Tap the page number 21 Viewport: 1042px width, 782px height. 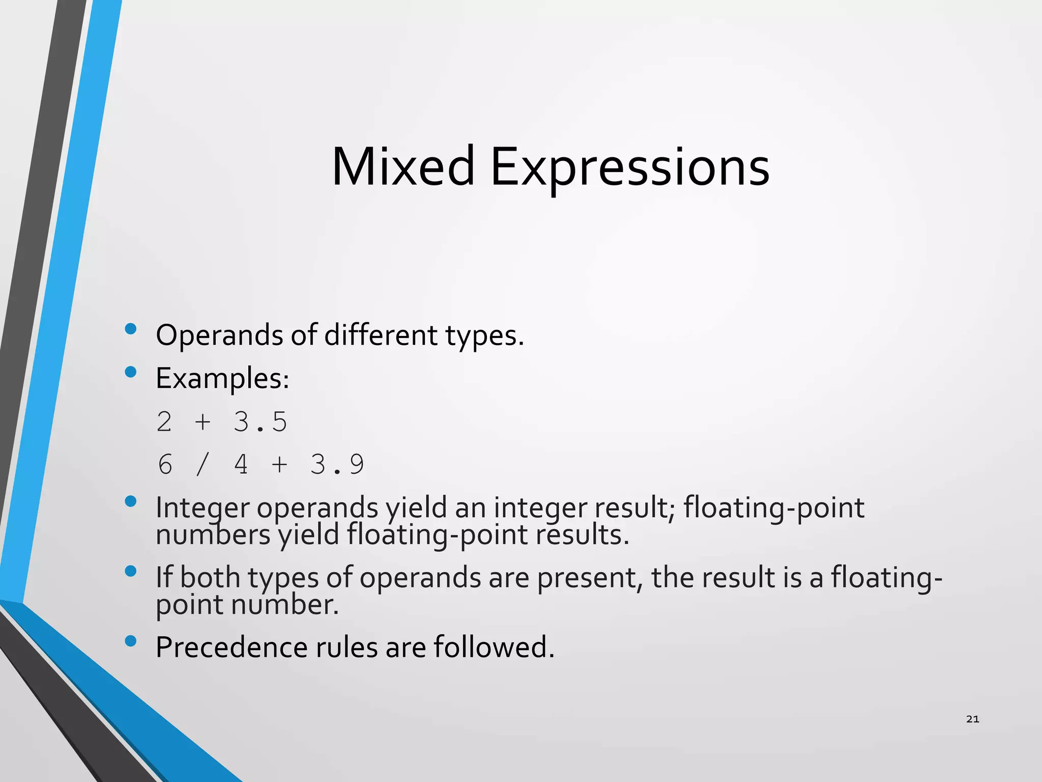pyautogui.click(x=972, y=719)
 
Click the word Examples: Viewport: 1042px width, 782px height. pyautogui.click(x=222, y=378)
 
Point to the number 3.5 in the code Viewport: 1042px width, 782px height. pyautogui.click(x=260, y=422)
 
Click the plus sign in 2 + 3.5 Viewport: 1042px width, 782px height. pyautogui.click(x=202, y=422)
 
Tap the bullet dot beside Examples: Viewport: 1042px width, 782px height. pyautogui.click(x=131, y=372)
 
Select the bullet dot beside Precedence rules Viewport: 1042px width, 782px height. pyautogui.click(x=131, y=640)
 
